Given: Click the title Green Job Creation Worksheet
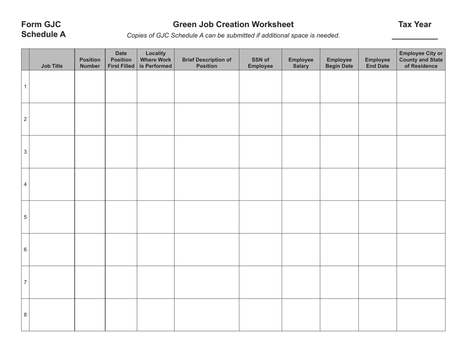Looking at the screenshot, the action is [233, 25].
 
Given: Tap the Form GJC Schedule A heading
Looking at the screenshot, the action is [43, 29].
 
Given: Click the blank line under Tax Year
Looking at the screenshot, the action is [414, 37].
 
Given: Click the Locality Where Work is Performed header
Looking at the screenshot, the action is [155, 59].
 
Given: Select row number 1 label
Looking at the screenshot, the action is [25, 87].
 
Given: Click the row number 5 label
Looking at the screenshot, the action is [25, 217].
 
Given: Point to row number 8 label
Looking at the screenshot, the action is [25, 315].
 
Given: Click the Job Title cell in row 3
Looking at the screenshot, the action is [52, 152].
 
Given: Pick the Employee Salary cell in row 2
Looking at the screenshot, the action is [300, 119].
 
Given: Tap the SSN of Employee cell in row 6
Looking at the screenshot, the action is [260, 249].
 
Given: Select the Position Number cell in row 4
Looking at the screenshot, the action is [90, 184].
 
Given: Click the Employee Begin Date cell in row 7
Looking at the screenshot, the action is [339, 282].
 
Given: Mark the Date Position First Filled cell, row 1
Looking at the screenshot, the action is [121, 87].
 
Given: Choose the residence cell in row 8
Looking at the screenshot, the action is [421, 315].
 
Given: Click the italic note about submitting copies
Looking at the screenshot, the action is [233, 35].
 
